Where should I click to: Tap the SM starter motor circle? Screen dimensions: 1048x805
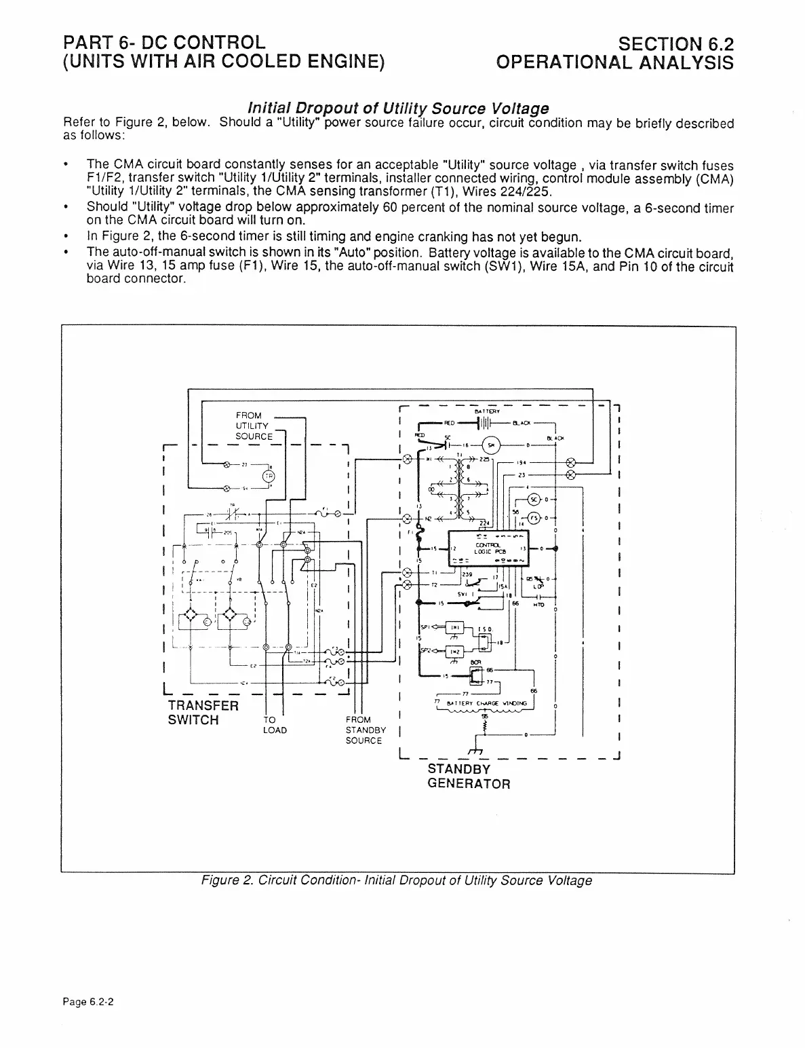[491, 445]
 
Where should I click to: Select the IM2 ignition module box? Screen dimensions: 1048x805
[456, 652]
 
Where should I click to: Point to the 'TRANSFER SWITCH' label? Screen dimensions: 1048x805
[203, 713]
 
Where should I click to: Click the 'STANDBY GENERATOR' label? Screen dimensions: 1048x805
[468, 776]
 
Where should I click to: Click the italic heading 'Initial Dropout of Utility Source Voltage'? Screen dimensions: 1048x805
[398, 109]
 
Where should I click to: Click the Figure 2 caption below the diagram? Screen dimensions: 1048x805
[397, 880]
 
